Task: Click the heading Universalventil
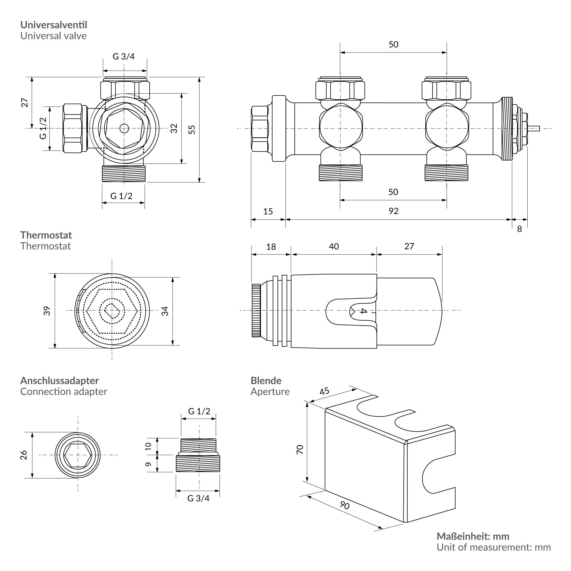53,25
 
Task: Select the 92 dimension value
393,211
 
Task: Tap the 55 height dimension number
192,129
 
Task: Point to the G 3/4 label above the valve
124,56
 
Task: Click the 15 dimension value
268,212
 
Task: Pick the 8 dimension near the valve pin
519,229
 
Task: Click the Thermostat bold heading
46,235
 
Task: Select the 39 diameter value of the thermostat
47,311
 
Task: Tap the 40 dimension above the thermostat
334,246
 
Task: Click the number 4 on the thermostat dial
363,311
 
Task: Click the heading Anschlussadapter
59,381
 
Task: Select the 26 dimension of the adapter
24,455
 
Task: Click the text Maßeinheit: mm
473,536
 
